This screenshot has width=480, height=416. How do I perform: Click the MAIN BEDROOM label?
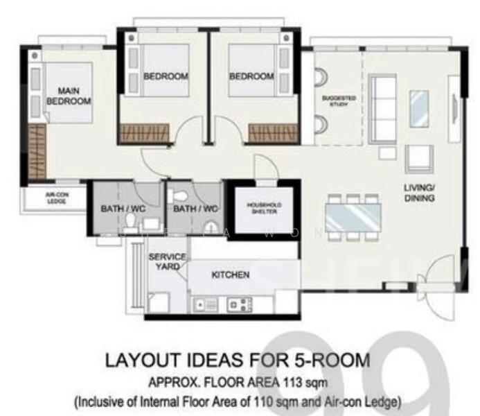click(69, 96)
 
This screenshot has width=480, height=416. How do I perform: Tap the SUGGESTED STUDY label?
click(339, 101)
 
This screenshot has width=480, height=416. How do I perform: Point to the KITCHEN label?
click(230, 275)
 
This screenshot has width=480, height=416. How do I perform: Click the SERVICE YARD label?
click(167, 261)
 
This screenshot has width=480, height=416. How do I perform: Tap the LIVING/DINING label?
click(420, 193)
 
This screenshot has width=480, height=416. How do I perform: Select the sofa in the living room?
click(382, 108)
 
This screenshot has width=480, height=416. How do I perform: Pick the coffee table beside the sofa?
click(418, 109)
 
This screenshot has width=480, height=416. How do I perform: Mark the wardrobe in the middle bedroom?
click(145, 133)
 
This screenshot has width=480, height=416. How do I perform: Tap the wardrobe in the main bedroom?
click(37, 153)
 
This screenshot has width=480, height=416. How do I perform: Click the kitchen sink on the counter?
click(207, 304)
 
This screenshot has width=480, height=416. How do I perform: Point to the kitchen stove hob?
click(240, 304)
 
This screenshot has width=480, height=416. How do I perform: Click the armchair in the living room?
click(419, 158)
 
